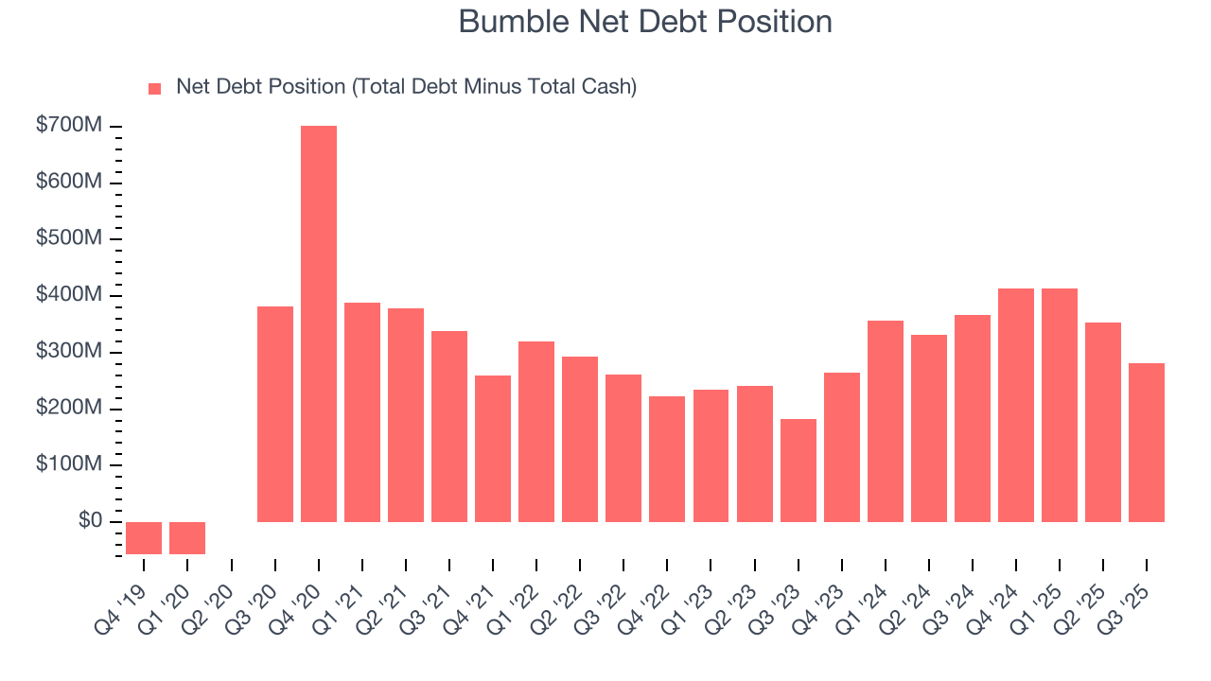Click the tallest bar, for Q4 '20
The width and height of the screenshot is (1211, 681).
pos(319,323)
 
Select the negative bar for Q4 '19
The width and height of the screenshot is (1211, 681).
pos(144,537)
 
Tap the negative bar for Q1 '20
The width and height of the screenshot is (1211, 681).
pos(187,537)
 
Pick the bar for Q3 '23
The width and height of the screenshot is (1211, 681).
pos(799,470)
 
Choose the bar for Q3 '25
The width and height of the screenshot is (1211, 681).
pos(1147,442)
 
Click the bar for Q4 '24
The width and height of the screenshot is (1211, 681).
pos(1016,405)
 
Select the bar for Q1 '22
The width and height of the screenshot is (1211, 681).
pos(536,431)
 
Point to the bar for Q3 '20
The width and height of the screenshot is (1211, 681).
pos(275,413)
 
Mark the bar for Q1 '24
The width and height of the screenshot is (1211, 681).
pos(886,421)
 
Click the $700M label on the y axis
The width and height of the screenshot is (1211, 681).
pos(69,126)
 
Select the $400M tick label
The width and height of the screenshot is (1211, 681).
pos(69,295)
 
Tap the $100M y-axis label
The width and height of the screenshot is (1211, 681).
pos(69,464)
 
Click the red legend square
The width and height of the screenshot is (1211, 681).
pos(155,89)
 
